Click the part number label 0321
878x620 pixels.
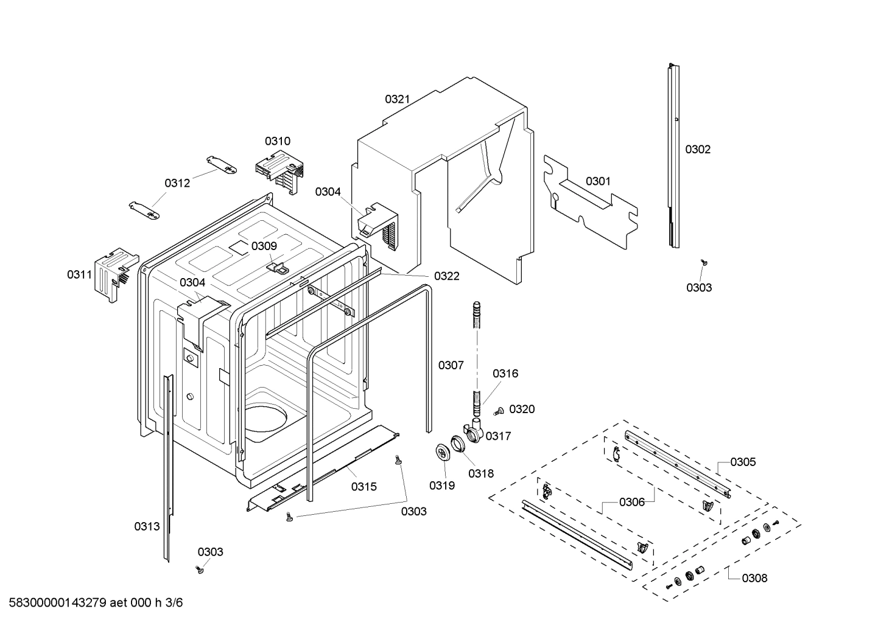pos(397,99)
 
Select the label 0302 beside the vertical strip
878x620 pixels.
pos(698,149)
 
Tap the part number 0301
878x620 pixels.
pos(598,181)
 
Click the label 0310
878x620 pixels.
pos(277,141)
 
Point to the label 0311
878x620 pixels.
pos(79,274)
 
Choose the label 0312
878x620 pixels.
pos(177,183)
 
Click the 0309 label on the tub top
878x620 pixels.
pos(264,246)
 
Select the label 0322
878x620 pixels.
pos(446,276)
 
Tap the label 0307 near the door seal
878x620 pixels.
pos(451,365)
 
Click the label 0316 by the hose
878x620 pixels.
pos(505,374)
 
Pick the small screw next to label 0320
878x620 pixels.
pos(497,411)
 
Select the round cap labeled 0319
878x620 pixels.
pos(441,453)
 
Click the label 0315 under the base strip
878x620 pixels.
pos(363,487)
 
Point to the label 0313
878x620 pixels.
pos(147,527)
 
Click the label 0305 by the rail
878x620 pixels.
pos(743,462)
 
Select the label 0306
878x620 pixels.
pos(632,502)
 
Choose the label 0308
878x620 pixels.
pos(754,578)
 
